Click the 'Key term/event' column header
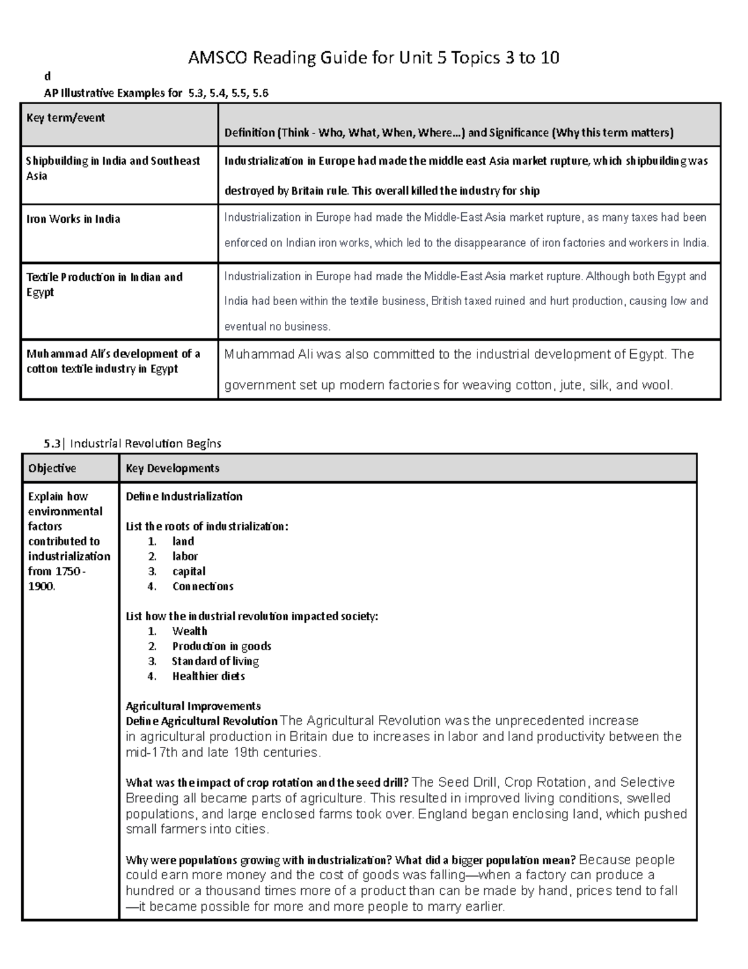[x=65, y=118]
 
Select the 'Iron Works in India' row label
[x=73, y=219]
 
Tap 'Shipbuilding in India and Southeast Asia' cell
[x=112, y=168]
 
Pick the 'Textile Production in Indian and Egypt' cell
[x=104, y=285]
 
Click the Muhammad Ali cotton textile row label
[x=113, y=361]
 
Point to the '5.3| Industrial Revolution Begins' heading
[x=132, y=444]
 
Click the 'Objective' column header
[x=52, y=468]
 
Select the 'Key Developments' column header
[x=172, y=468]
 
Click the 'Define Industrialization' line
[x=184, y=497]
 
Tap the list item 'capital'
[x=189, y=572]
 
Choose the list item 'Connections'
[x=203, y=587]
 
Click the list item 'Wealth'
[x=189, y=631]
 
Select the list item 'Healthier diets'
[x=208, y=676]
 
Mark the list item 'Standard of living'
[x=215, y=661]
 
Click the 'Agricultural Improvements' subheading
[x=193, y=706]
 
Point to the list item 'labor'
[x=185, y=557]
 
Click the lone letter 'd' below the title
[x=46, y=77]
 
